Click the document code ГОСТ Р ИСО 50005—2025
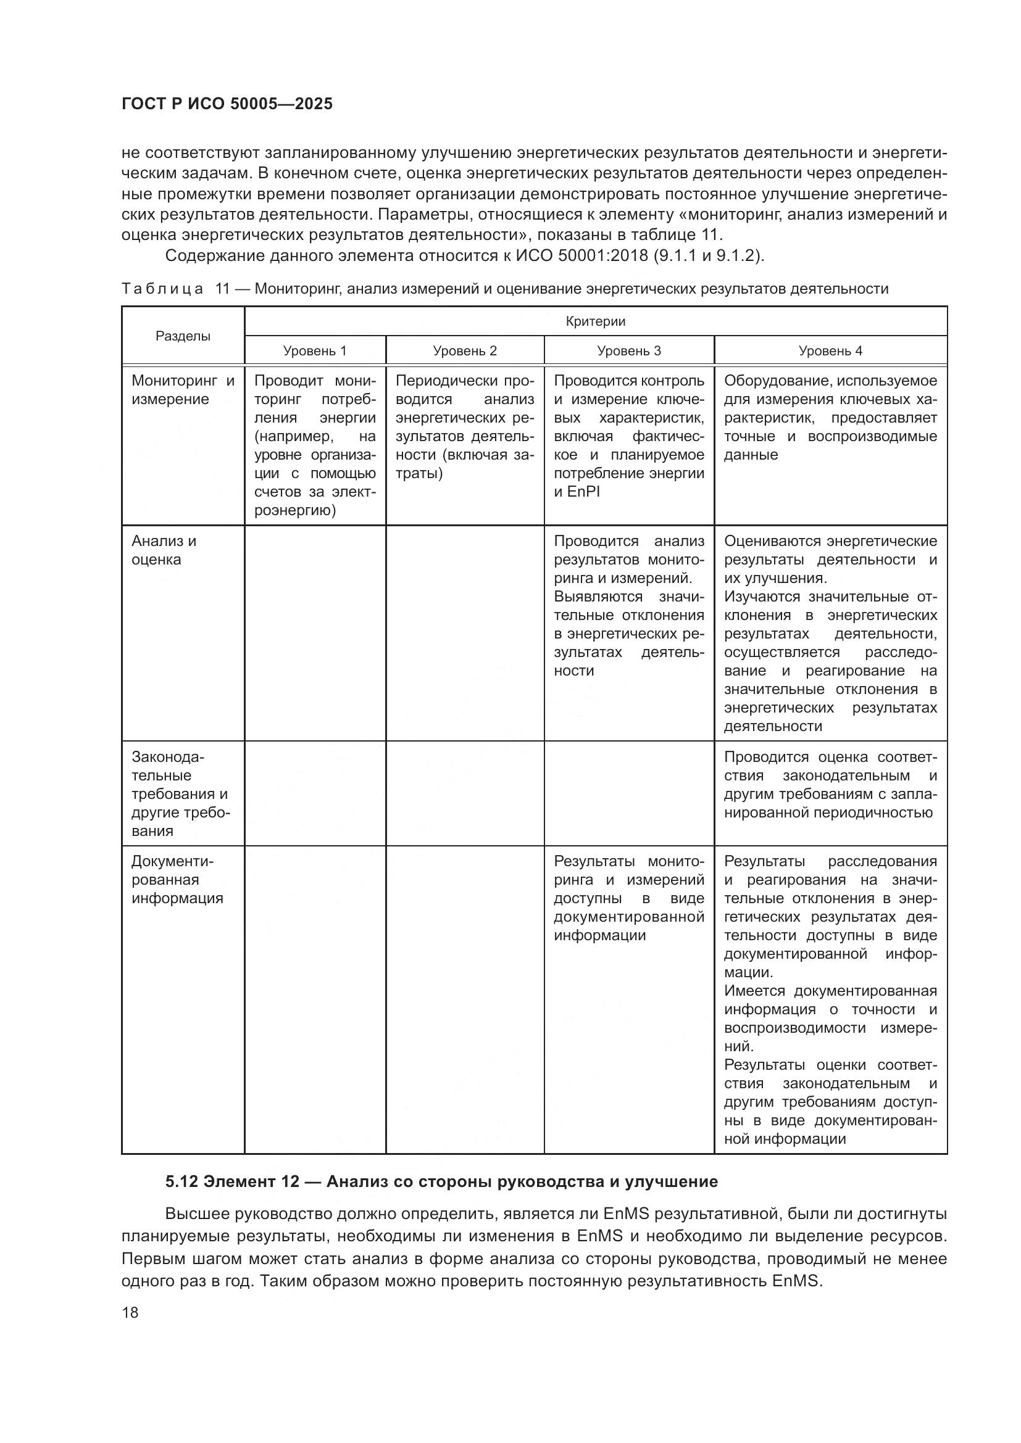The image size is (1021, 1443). pyautogui.click(x=227, y=104)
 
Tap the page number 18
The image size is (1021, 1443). pyautogui.click(x=130, y=1312)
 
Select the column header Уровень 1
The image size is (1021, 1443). pyautogui.click(x=314, y=350)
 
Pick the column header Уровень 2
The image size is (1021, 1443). pyautogui.click(x=465, y=350)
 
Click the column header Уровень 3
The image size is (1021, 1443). pyautogui.click(x=628, y=350)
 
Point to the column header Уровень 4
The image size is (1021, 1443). pyautogui.click(x=830, y=350)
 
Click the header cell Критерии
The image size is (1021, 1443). pyautogui.click(x=595, y=322)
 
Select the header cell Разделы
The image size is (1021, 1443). pyautogui.click(x=183, y=336)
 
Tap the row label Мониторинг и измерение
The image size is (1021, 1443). pyautogui.click(x=182, y=390)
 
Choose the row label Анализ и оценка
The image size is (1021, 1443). pyautogui.click(x=164, y=550)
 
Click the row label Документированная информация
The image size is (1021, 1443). pyautogui.click(x=177, y=879)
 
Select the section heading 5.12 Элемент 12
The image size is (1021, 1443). pyautogui.click(x=441, y=1181)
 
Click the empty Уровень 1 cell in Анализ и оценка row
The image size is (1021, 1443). pyautogui.click(x=314, y=633)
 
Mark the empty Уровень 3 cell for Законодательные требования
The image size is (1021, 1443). pyautogui.click(x=628, y=793)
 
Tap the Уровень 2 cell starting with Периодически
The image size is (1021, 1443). pyautogui.click(x=465, y=428)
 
